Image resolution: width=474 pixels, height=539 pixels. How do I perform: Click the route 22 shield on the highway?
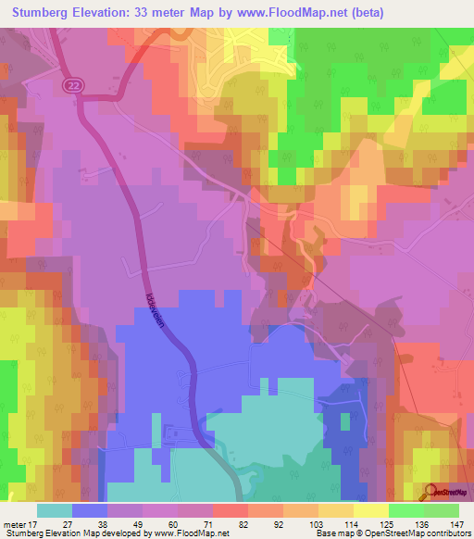click(x=72, y=85)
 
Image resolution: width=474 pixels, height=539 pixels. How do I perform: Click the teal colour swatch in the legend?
click(x=55, y=510)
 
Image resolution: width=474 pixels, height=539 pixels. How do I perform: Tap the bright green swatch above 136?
click(x=406, y=510)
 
